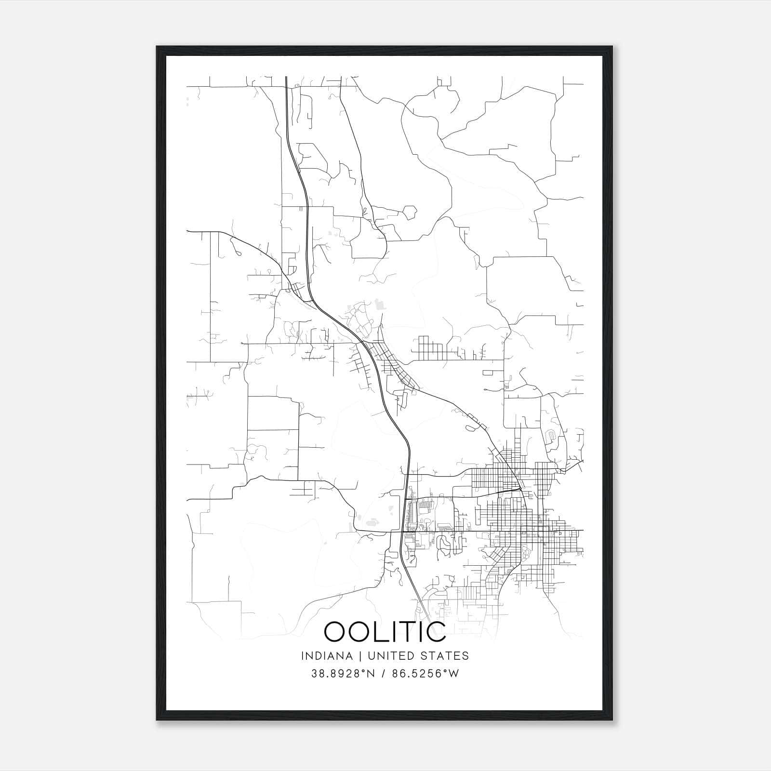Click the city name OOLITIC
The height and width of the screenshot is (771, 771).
pyautogui.click(x=385, y=632)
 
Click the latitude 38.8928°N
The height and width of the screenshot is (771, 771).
pyautogui.click(x=343, y=674)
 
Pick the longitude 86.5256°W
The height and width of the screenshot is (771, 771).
pyautogui.click(x=424, y=674)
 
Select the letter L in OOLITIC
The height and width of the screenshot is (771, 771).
pyautogui.click(x=381, y=632)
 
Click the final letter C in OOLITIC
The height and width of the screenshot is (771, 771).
pyautogui.click(x=437, y=632)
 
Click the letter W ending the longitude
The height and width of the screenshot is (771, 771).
pyautogui.click(x=454, y=674)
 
